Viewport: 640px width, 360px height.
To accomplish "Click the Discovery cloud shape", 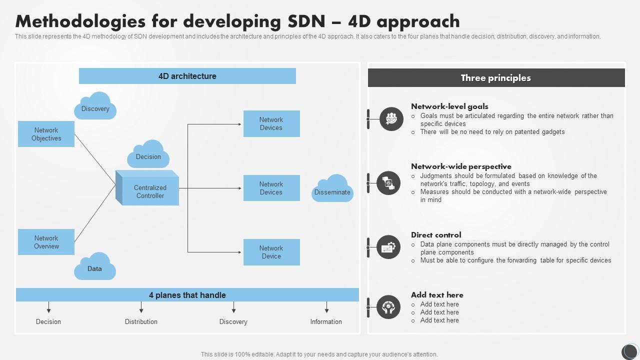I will click(95, 106).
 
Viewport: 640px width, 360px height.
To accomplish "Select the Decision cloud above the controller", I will click(148, 154).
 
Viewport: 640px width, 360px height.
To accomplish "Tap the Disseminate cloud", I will click(332, 189).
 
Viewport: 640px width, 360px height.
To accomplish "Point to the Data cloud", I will click(95, 267).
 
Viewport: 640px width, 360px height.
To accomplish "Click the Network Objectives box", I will click(46, 134).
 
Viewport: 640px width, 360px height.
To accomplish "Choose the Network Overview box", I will click(46, 242).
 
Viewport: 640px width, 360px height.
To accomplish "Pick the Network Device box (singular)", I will click(271, 252).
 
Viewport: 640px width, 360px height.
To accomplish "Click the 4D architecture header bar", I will click(187, 76).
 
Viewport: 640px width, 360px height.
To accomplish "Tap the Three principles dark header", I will click(496, 78).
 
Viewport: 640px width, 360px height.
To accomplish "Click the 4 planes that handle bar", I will click(187, 295).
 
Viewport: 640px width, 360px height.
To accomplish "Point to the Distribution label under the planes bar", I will click(141, 321).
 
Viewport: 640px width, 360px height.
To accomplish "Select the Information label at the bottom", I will click(326, 321).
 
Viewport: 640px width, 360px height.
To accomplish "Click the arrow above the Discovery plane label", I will click(233, 307).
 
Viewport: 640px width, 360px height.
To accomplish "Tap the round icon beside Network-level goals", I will click(391, 119).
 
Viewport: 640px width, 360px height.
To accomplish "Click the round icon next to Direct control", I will click(388, 247).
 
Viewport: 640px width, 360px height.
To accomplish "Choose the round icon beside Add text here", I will click(388, 307).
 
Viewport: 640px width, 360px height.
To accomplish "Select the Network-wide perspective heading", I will click(461, 166).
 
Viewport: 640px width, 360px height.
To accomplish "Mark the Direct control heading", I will click(436, 235).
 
